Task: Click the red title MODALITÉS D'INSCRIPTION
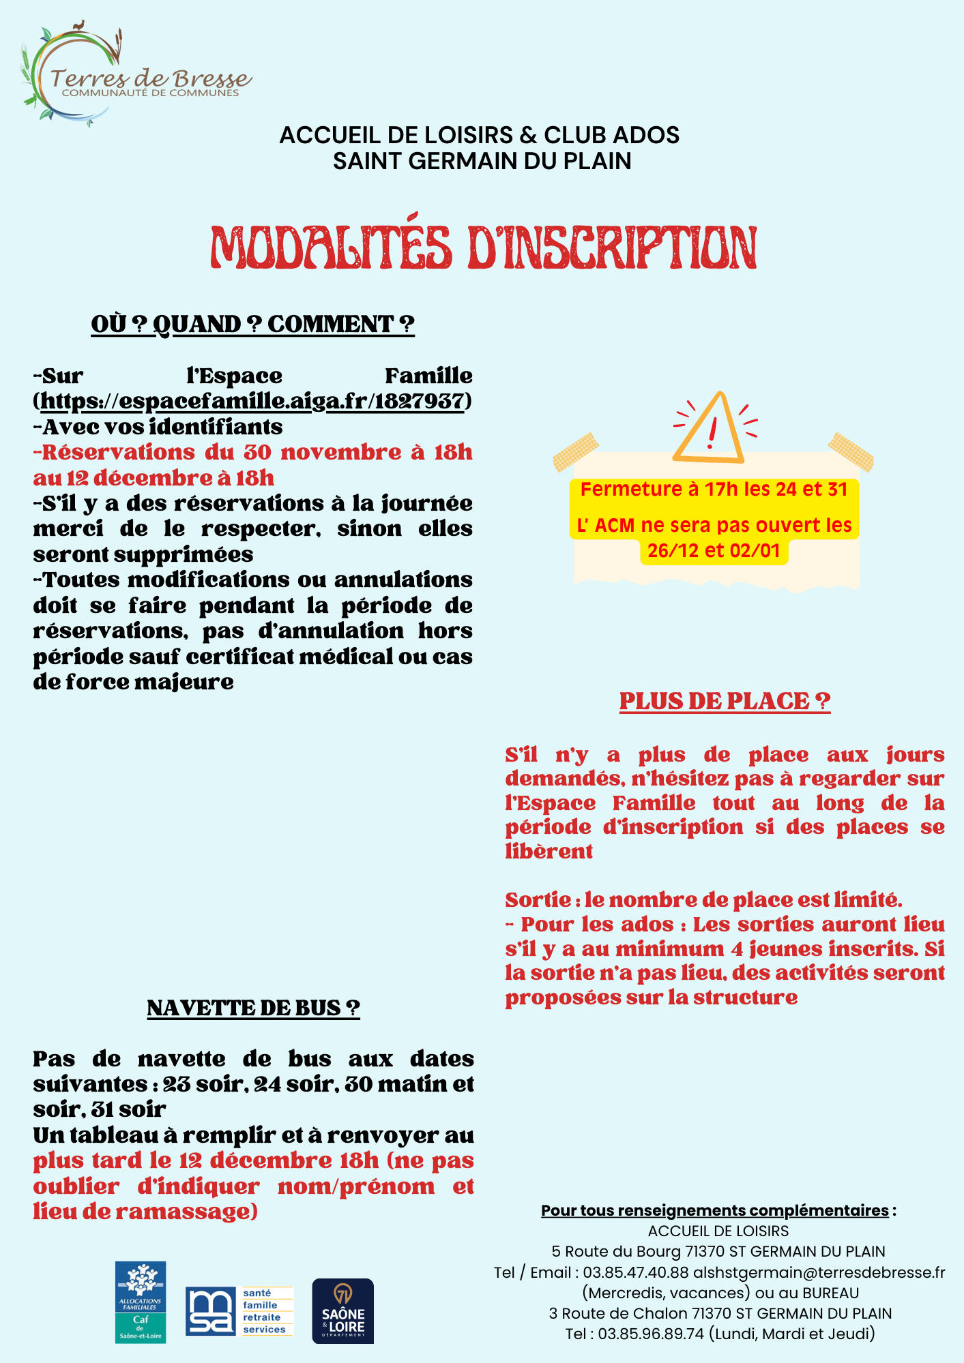483,247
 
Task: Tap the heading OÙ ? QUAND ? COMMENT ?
252,325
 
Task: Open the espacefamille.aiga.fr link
252,401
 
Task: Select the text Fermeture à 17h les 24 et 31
714,490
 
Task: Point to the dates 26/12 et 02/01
714,551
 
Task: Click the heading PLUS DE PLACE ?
725,702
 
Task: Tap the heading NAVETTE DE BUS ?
253,1008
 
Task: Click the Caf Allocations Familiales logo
141,1302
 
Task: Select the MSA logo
239,1310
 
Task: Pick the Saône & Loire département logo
342,1311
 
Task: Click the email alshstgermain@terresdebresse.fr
819,1272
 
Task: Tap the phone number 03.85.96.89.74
651,1334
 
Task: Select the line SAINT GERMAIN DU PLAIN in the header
482,161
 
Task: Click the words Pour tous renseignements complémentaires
715,1210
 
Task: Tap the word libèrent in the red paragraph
549,852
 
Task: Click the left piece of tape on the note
575,451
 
